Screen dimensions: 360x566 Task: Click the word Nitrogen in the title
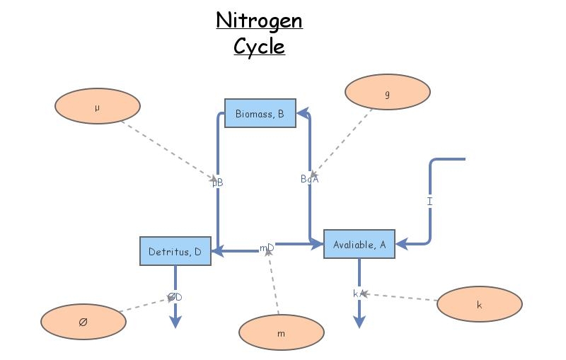[259, 20]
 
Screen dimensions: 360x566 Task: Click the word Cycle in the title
[259, 47]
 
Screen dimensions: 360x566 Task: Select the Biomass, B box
[260, 113]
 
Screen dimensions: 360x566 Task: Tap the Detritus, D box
[175, 251]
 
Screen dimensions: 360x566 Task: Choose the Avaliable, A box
[359, 244]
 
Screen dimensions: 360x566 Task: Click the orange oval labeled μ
[97, 108]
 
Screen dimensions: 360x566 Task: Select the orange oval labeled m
[281, 332]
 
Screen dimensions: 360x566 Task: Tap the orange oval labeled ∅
[83, 322]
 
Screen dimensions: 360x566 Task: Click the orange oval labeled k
[480, 305]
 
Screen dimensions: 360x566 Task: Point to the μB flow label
[218, 182]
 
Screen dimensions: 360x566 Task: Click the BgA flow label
[310, 179]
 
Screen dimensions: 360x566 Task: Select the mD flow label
[267, 248]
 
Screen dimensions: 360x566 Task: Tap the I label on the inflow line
[429, 202]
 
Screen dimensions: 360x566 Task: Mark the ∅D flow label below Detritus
[175, 297]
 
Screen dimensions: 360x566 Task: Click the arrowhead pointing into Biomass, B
[301, 112]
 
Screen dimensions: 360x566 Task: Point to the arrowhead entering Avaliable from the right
[400, 244]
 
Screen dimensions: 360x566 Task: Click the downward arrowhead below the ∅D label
[175, 323]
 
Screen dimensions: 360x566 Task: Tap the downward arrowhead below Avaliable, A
[359, 323]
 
